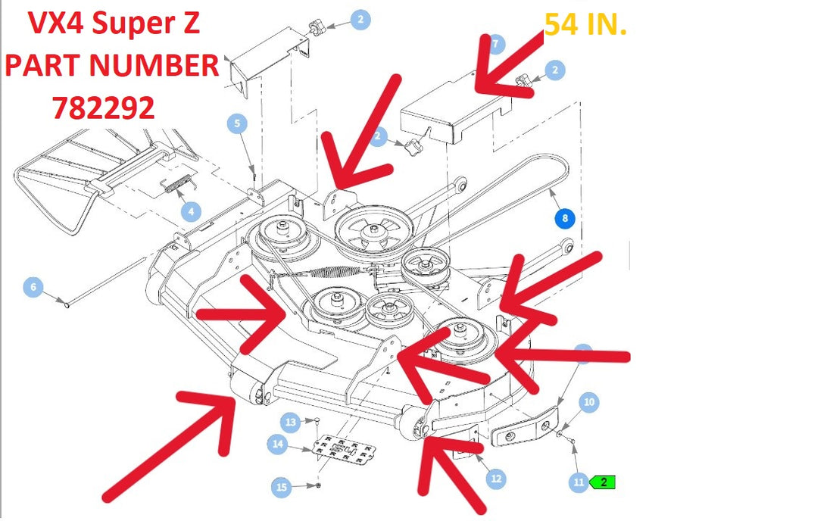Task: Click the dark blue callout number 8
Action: tap(565, 218)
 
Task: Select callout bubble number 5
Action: tap(237, 123)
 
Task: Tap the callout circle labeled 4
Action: tap(192, 211)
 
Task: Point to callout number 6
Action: tap(33, 287)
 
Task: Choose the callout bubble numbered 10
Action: tap(589, 402)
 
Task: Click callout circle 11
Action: tap(579, 482)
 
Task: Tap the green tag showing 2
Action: tap(603, 482)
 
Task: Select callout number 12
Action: tap(496, 479)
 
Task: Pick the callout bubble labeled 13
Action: tap(291, 423)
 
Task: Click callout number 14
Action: tap(278, 444)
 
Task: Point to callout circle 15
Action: tap(282, 487)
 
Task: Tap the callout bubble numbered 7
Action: tap(496, 44)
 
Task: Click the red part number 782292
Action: tap(103, 108)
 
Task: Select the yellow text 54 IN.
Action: tap(586, 24)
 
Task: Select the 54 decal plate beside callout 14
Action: tap(345, 449)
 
